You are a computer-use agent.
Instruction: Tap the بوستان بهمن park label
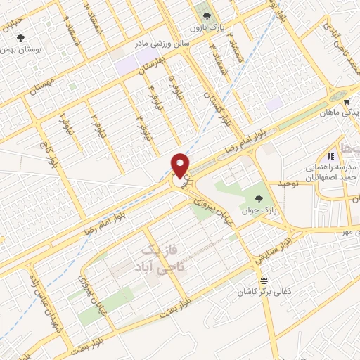coord(18,50)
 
